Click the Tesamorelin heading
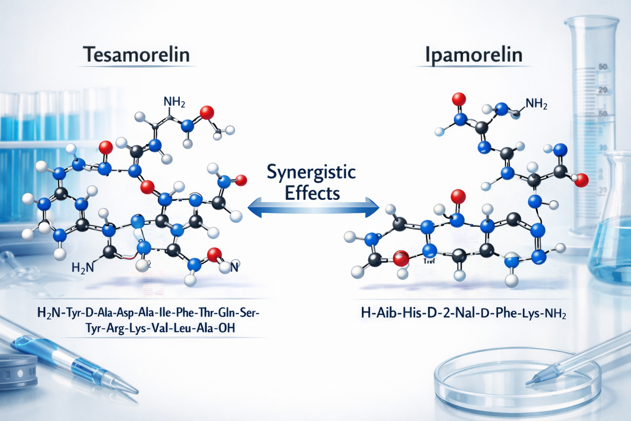click(x=136, y=55)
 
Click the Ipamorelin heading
click(x=473, y=55)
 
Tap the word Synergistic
click(x=311, y=172)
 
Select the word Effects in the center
click(x=312, y=193)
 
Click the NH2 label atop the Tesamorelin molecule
click(x=174, y=102)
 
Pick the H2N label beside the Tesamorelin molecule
click(x=83, y=268)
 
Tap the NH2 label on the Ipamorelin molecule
click(x=536, y=104)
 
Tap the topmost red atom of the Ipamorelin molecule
click(x=458, y=99)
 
